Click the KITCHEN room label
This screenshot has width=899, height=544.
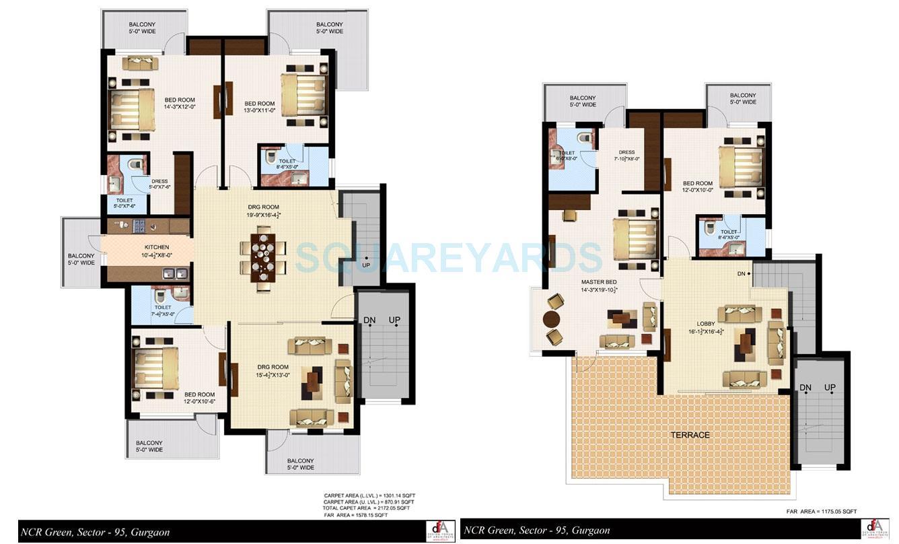[155, 247]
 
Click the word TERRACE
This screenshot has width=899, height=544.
[690, 435]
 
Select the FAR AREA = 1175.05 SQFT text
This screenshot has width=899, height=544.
[821, 512]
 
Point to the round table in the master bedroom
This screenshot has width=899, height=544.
[552, 319]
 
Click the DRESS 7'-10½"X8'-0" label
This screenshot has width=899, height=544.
[626, 156]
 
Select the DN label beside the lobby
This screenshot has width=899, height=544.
[741, 274]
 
